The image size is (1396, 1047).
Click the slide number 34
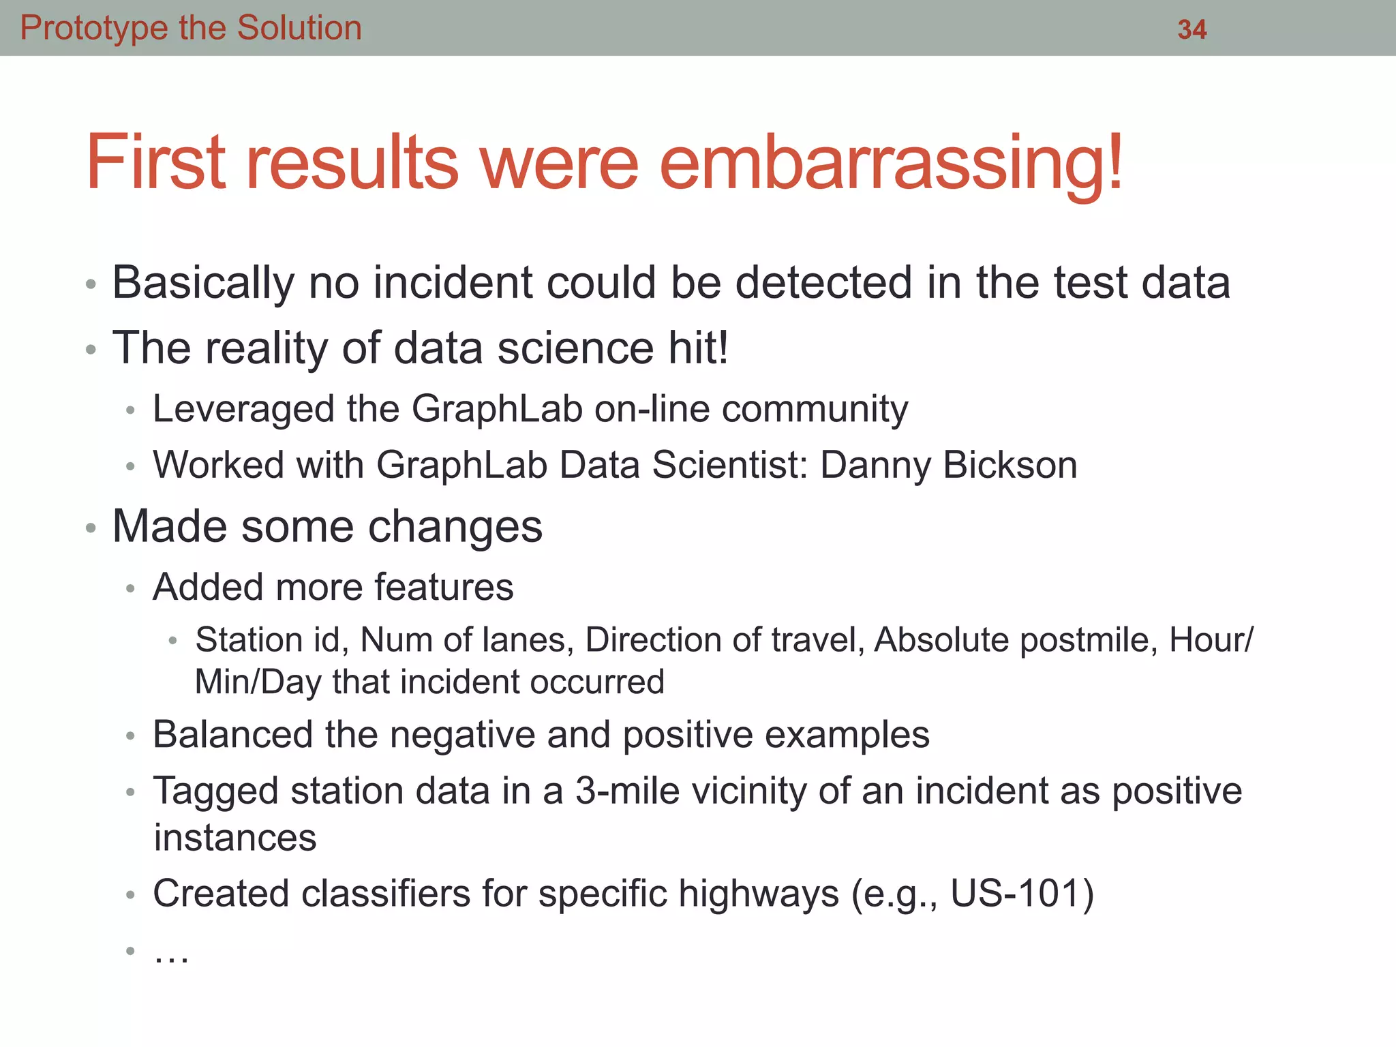pos(1192,29)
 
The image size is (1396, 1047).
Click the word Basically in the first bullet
pos(202,283)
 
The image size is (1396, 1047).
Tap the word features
pos(444,587)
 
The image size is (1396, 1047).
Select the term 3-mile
pos(628,791)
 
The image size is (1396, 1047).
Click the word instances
pos(235,838)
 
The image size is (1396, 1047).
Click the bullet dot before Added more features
pos(130,588)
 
